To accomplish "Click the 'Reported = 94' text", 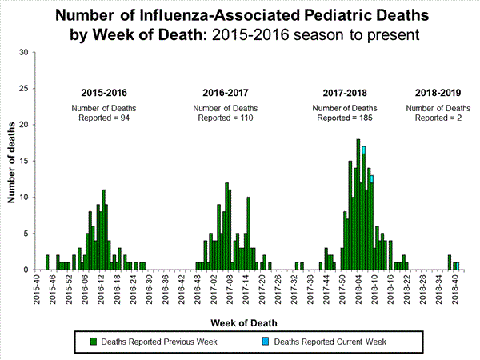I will point(102,118).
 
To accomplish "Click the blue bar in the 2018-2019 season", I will point(457,266).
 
